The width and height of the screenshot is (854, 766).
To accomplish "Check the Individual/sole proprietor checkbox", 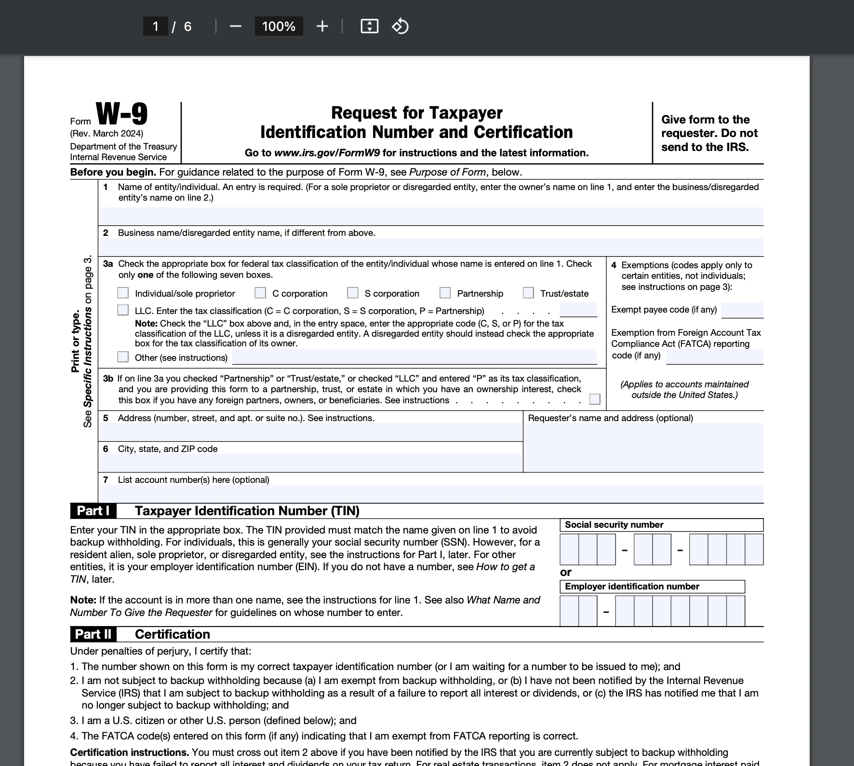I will [123, 293].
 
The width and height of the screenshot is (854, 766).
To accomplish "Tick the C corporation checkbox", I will [260, 293].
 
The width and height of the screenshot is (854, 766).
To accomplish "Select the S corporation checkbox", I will [353, 293].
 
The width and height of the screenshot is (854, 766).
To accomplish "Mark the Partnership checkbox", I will [445, 293].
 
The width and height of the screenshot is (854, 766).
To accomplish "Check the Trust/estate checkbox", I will [528, 293].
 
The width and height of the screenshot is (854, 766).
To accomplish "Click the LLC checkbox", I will [123, 310].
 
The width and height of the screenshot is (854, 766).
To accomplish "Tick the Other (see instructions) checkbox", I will [123, 356].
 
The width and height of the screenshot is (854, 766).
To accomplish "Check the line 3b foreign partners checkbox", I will [595, 399].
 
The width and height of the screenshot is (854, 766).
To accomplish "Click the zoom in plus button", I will [322, 26].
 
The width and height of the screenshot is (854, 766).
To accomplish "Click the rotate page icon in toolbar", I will [400, 26].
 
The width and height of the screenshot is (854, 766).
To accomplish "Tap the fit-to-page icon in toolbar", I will [369, 26].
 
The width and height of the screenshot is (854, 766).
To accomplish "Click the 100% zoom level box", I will [279, 26].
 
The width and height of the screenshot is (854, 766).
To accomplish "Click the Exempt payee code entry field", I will [742, 310].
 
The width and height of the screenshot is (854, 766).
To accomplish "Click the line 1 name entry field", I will [430, 216].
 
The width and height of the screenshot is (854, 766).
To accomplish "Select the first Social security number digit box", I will [569, 549].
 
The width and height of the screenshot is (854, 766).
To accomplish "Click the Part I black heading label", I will [93, 511].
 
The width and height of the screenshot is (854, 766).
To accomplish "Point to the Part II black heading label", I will [93, 634].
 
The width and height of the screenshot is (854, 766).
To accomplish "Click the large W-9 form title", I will [122, 114].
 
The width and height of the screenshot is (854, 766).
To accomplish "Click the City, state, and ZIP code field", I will [310, 463].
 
